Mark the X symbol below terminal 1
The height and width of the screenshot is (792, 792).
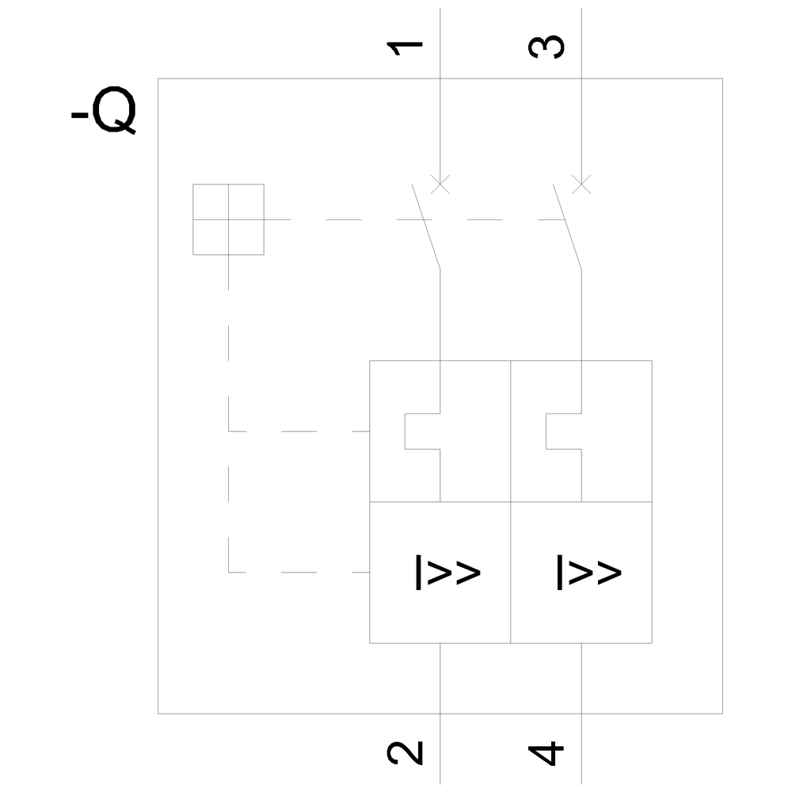coord(440,185)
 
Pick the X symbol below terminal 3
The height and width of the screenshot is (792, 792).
coord(581,185)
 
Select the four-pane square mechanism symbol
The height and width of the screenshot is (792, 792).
coord(228,219)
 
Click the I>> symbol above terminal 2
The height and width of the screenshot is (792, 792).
coord(447,573)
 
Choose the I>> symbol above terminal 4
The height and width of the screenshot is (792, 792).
coord(588,573)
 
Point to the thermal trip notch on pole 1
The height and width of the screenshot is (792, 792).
coord(421,431)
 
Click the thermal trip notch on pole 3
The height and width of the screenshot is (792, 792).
coord(563,431)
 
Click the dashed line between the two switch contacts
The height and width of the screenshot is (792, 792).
coord(491,219)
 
